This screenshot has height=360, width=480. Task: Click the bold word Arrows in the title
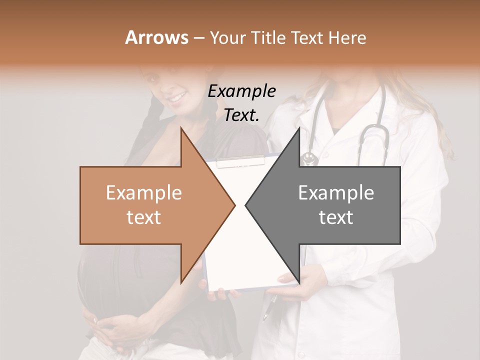[x=157, y=37]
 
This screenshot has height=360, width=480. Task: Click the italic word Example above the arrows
[x=241, y=91]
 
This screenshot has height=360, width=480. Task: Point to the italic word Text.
[x=241, y=115]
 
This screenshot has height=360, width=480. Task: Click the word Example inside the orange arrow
[x=143, y=193]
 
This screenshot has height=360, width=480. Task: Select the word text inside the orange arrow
[x=143, y=217]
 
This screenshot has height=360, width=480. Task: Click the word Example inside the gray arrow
[x=336, y=193]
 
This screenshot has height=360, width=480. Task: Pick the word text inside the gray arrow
[x=336, y=217]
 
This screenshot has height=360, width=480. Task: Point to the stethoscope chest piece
[x=308, y=159]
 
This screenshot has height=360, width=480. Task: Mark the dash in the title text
[x=198, y=38]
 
